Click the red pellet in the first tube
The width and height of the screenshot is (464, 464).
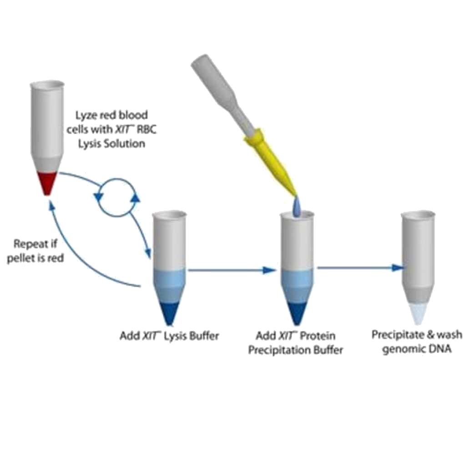[x=46, y=182]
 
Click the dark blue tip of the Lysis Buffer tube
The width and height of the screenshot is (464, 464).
[x=168, y=311]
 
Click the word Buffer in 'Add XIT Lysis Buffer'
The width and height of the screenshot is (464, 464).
[x=205, y=336]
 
